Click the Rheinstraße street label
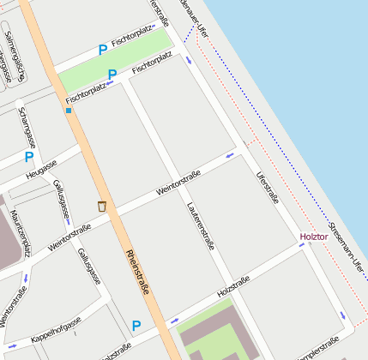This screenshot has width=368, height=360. coord(137,272)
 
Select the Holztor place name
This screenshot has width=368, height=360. coord(314,237)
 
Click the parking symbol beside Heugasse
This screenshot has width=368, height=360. coord(29,157)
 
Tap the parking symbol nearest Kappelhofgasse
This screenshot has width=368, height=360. coord(136,326)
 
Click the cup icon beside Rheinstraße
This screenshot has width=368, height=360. coord(102,206)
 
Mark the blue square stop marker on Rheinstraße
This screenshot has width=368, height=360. coord(69,110)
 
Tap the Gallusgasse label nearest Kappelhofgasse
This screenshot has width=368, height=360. coord(89,266)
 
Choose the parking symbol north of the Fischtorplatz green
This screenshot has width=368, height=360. coord(103,51)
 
